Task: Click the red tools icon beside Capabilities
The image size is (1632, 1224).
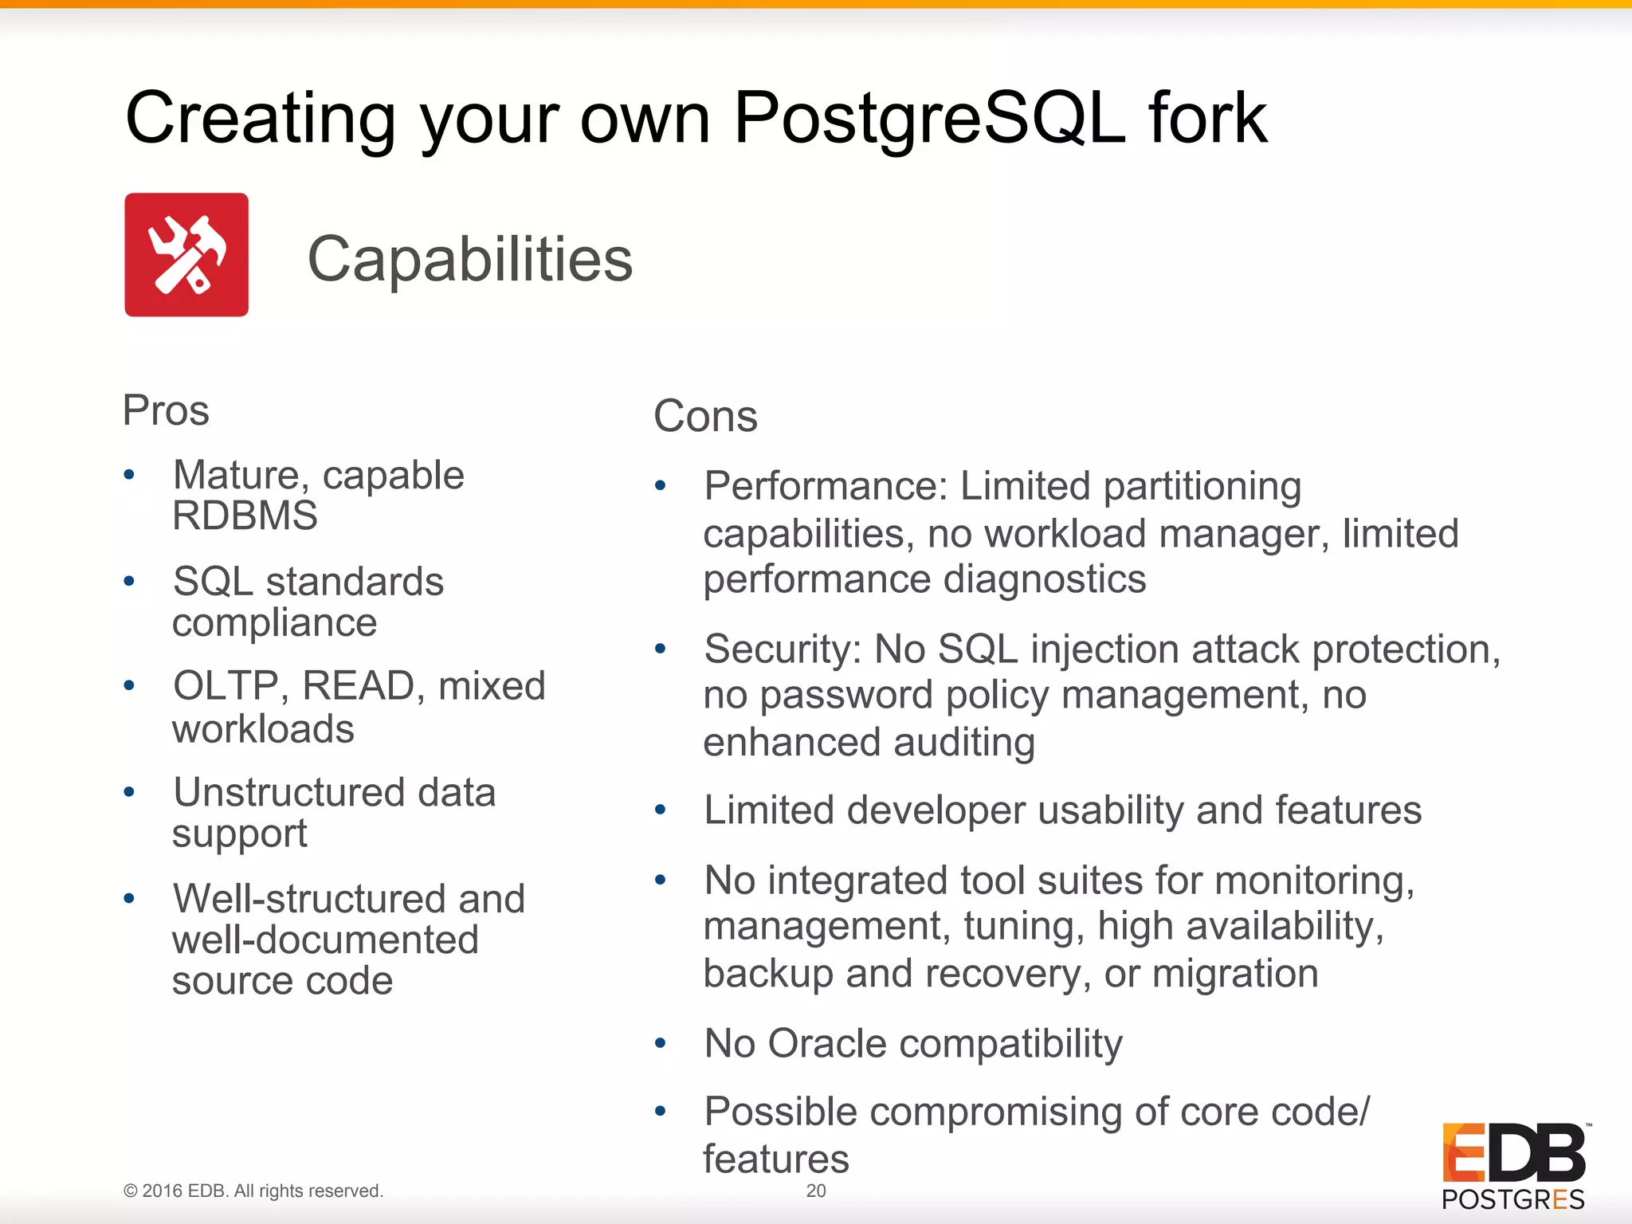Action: (x=186, y=255)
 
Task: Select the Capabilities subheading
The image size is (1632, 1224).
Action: (x=469, y=259)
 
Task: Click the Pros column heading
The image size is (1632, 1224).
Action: (x=166, y=411)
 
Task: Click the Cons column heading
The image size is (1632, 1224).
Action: (x=705, y=416)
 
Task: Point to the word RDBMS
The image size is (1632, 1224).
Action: (x=245, y=516)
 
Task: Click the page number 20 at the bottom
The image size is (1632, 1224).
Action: (x=816, y=1191)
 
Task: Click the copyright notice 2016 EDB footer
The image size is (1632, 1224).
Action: (x=253, y=1191)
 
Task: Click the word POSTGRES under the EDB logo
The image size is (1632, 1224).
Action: (x=1512, y=1199)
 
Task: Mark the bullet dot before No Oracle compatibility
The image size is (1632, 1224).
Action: (x=660, y=1043)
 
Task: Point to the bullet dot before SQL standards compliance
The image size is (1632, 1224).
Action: (x=129, y=581)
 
